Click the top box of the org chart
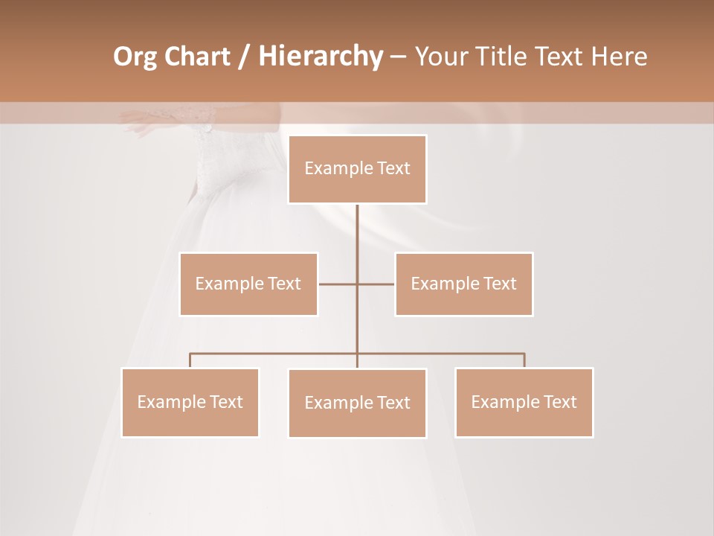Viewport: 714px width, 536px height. click(x=357, y=169)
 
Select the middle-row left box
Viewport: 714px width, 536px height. click(x=248, y=284)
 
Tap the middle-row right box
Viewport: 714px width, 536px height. click(x=463, y=284)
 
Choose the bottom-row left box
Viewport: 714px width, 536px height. click(x=190, y=402)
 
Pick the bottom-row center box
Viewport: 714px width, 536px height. click(x=357, y=403)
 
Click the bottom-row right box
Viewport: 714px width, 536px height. click(x=524, y=402)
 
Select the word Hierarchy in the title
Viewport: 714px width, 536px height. click(x=320, y=57)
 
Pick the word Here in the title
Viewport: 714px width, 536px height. click(x=618, y=57)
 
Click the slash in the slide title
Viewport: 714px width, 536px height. click(x=245, y=57)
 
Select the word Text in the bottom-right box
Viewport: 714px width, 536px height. click(x=560, y=402)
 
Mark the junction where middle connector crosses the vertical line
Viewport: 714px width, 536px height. click(x=357, y=284)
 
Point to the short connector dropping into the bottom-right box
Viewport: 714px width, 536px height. click(x=524, y=360)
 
